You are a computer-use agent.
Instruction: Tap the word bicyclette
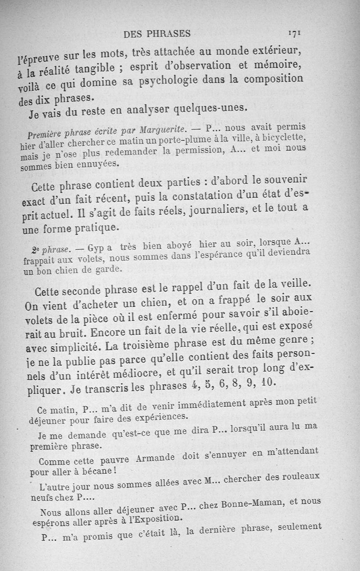tap(282, 137)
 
